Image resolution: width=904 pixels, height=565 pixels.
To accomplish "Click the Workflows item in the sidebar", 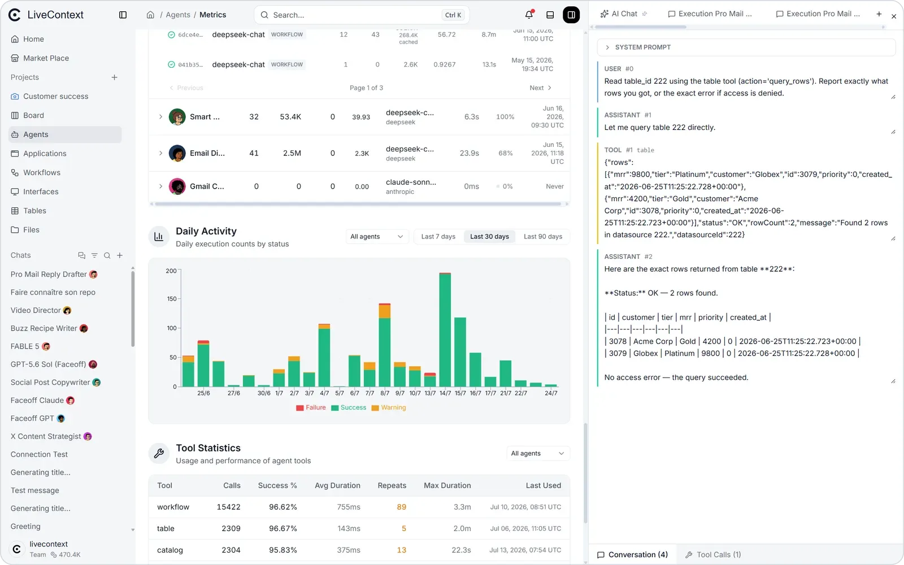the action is coord(41,172).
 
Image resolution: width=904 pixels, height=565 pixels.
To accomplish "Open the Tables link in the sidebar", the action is coord(34,211).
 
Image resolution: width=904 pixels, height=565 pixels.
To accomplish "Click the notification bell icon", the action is coord(529,15).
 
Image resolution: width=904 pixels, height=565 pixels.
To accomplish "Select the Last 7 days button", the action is coord(438,237).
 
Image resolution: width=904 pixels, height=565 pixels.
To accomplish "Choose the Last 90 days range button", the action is coord(543,237).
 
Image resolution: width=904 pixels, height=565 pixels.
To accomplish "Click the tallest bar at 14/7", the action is coord(445,330).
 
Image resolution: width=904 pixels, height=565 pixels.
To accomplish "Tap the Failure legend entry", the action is coord(311,407).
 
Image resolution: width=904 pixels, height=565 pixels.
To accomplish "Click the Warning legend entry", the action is coord(389,407).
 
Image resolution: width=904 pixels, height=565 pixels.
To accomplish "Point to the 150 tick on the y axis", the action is coord(172,299).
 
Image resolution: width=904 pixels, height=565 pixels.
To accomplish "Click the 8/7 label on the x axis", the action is coord(385,393).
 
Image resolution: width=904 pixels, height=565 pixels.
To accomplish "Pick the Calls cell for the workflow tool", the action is coord(228,507).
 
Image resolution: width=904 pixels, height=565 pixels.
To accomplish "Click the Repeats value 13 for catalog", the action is coord(402,550).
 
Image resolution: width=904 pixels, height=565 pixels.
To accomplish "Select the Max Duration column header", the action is coord(447,485).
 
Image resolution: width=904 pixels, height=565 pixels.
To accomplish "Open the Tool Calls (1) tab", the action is coord(714,554).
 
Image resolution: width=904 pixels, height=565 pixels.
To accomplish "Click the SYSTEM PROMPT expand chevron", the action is coord(607,47).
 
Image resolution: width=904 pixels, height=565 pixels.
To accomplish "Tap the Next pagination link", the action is coord(540,88).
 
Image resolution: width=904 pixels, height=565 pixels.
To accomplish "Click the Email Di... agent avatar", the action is coord(177,153).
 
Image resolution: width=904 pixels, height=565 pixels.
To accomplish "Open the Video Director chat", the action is coord(36,310).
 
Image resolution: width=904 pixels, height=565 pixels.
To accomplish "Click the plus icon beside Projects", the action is coord(115,77).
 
